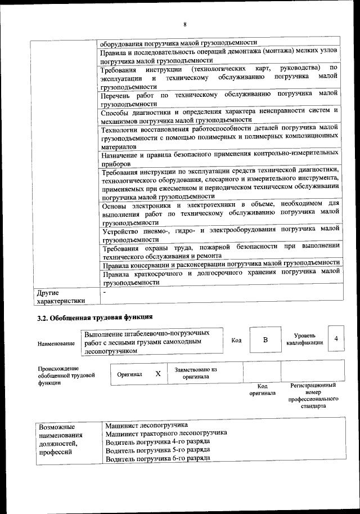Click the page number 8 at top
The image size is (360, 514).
184,24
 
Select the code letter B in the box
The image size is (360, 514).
265,339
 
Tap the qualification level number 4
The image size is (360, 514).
336,338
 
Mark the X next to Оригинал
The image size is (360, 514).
158,373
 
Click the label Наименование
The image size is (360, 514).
56,343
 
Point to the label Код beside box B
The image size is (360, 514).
236,339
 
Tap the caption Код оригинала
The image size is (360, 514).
262,390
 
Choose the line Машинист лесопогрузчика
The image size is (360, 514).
147,424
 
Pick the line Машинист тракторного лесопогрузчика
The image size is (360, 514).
166,433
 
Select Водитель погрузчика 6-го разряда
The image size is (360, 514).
157,458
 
